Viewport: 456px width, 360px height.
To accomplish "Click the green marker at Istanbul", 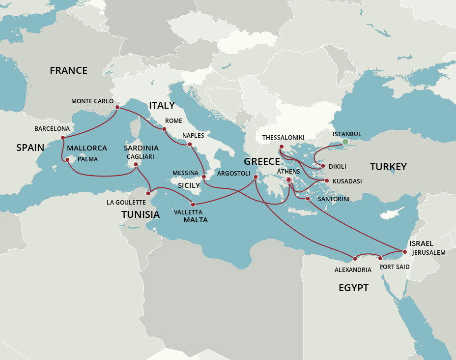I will point(345,142).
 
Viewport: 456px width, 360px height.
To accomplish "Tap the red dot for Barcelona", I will point(63,138).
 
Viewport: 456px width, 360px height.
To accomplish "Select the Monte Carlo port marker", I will point(117,107).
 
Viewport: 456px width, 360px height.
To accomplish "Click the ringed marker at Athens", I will point(289,180).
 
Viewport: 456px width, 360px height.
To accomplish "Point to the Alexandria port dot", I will point(354,258).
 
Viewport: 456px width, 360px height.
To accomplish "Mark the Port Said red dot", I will point(380,258).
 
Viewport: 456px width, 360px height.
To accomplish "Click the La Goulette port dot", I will point(148,193).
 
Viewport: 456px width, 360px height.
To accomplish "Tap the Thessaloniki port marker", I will point(282,147).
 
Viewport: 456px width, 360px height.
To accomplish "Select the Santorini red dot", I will point(308,199).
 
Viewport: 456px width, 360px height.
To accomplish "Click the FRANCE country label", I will point(68,70).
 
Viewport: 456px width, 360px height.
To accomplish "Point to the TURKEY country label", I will point(388,167).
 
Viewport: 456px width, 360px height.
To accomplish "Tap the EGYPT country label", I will point(353,288).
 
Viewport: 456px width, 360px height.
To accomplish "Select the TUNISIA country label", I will point(141,214).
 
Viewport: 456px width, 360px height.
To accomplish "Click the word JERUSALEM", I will point(428,252).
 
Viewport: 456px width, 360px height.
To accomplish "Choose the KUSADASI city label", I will point(347,181).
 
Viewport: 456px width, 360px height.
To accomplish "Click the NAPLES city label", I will point(193,135).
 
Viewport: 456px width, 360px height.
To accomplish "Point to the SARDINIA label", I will point(141,148).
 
